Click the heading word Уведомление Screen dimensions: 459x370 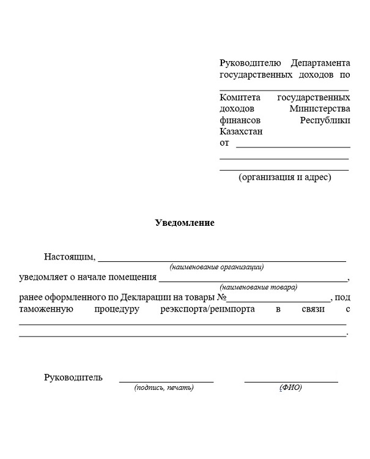pyautogui.click(x=184, y=223)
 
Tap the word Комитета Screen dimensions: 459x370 pyautogui.click(x=240, y=97)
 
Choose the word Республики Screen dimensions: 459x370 pyautogui.click(x=325, y=120)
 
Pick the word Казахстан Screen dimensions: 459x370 pyautogui.click(x=240, y=132)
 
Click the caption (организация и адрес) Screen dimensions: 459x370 pyautogui.click(x=284, y=177)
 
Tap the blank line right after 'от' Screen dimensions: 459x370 pyautogui.click(x=293, y=146)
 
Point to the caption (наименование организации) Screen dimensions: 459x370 pyautogui.click(x=216, y=267)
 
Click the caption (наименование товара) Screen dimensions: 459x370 pyautogui.click(x=259, y=287)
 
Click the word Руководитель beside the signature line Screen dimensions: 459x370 pyautogui.click(x=73, y=377)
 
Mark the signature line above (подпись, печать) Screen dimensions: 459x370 pyautogui.click(x=166, y=381)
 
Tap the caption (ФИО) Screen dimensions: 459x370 pyautogui.click(x=291, y=388)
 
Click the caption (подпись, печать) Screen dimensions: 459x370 pyautogui.click(x=164, y=388)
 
